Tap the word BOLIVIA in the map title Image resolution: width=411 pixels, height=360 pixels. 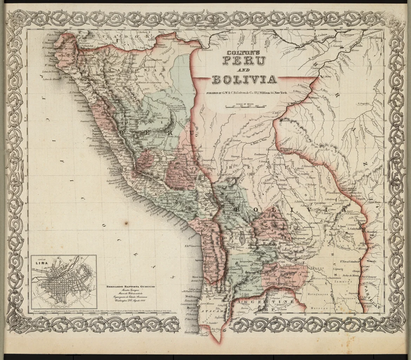[x=244, y=79]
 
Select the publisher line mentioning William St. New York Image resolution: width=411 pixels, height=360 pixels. [x=244, y=94]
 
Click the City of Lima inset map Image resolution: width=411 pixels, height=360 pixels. [x=64, y=281]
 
